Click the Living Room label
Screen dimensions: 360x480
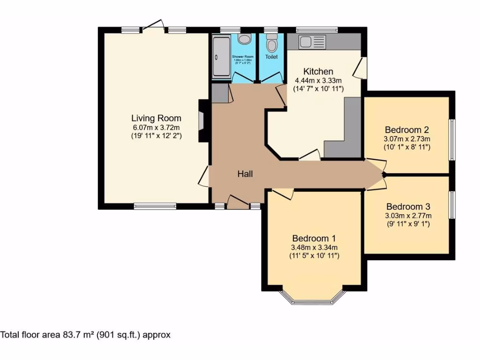click(x=156, y=118)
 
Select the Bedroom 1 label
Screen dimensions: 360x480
click(x=314, y=238)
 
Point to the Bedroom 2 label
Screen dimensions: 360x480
click(x=407, y=130)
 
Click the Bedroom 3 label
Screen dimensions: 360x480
click(x=408, y=207)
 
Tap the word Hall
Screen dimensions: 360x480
click(x=245, y=174)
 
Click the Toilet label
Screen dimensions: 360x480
click(x=271, y=57)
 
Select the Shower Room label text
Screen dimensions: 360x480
click(x=242, y=57)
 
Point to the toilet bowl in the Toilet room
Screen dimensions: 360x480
click(x=271, y=45)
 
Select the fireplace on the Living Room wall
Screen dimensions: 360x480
click(x=202, y=121)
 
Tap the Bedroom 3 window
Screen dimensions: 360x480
click(x=452, y=204)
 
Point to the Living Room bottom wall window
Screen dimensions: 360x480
click(x=155, y=205)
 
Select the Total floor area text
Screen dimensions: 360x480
click(x=85, y=335)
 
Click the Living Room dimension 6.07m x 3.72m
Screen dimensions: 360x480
click(x=156, y=127)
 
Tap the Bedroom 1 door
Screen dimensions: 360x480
click(x=283, y=194)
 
